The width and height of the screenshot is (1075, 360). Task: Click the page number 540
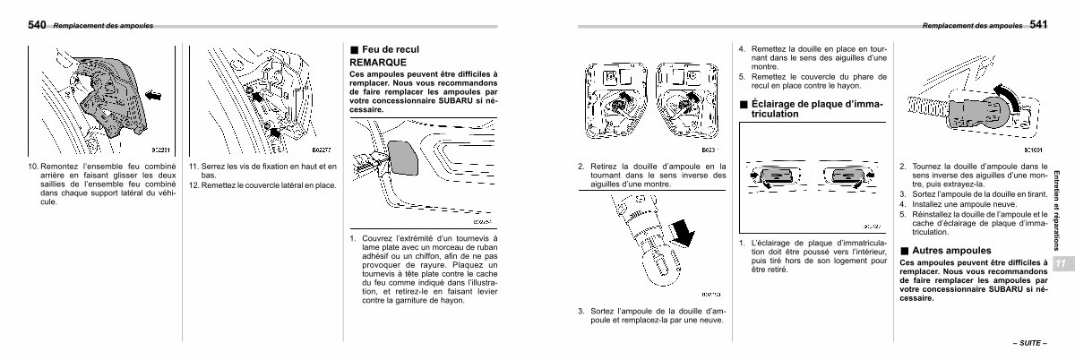click(38, 25)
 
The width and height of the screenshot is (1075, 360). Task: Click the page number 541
click(1038, 25)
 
